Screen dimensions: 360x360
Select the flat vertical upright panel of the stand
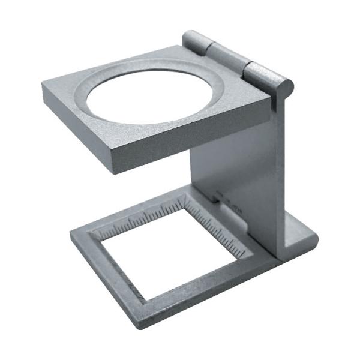click(x=240, y=168)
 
